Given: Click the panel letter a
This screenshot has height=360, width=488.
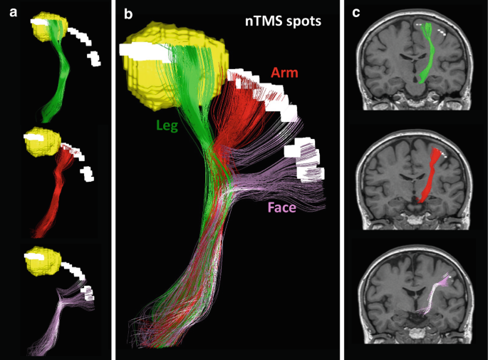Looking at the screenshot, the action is (x=13, y=13).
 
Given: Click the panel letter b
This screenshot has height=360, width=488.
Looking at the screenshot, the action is (x=128, y=14).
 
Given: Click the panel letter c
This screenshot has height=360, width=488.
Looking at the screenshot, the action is (x=356, y=13).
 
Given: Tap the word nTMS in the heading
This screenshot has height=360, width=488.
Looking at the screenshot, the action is (x=264, y=21).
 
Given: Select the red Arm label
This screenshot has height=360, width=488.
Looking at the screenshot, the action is (x=284, y=73).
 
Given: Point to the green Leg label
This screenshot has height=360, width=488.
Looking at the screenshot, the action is (x=167, y=125).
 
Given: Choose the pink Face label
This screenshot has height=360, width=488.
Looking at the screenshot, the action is (x=282, y=207).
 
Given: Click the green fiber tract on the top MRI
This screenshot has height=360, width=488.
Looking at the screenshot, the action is (x=429, y=53).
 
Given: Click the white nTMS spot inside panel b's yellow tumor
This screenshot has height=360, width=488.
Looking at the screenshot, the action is (x=145, y=52).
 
